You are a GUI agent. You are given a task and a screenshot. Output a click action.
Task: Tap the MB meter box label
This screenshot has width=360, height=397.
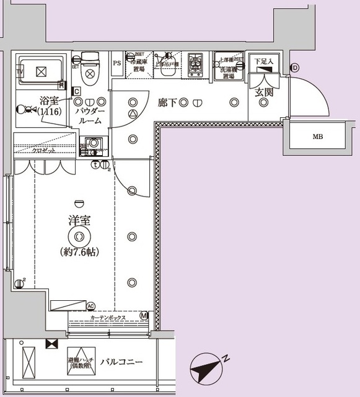click(x=317, y=136)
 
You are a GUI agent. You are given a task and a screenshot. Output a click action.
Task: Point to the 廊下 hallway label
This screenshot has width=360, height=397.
click(x=166, y=103)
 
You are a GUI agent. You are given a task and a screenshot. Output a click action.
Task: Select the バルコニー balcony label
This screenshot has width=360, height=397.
click(x=123, y=361)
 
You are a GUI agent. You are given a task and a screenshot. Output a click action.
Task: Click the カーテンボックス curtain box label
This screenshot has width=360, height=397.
click(x=108, y=318)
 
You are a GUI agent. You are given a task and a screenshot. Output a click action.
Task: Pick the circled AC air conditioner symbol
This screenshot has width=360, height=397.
click(x=91, y=306)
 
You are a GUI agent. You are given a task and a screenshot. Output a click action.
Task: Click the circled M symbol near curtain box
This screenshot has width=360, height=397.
click(x=144, y=316)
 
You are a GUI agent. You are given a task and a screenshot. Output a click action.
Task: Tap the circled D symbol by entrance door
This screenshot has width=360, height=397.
click(x=295, y=67)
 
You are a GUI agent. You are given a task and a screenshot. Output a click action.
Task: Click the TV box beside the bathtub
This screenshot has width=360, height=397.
click(x=20, y=72)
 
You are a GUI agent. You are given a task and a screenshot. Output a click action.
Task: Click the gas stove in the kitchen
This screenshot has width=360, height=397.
click(x=197, y=63)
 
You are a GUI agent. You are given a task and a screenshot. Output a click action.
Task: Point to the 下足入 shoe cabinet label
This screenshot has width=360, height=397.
click(x=264, y=61)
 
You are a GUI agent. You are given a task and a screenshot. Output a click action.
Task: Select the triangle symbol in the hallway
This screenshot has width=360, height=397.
click(x=133, y=115)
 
